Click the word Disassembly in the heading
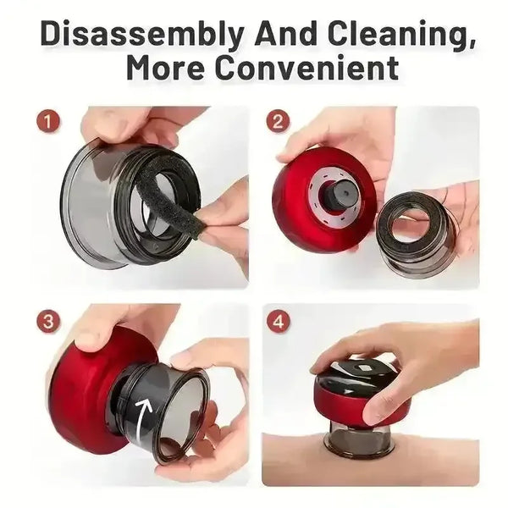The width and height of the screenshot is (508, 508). (x=141, y=35)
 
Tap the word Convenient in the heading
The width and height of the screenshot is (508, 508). (x=307, y=69)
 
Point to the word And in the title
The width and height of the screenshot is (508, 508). (x=284, y=33)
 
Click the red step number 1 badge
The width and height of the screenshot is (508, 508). (x=48, y=122)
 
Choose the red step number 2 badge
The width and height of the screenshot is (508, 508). (x=279, y=122)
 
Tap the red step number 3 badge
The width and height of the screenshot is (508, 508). (x=48, y=323)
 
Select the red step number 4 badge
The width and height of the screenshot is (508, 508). (x=279, y=323)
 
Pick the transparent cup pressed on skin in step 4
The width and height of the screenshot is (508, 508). (x=360, y=435)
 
